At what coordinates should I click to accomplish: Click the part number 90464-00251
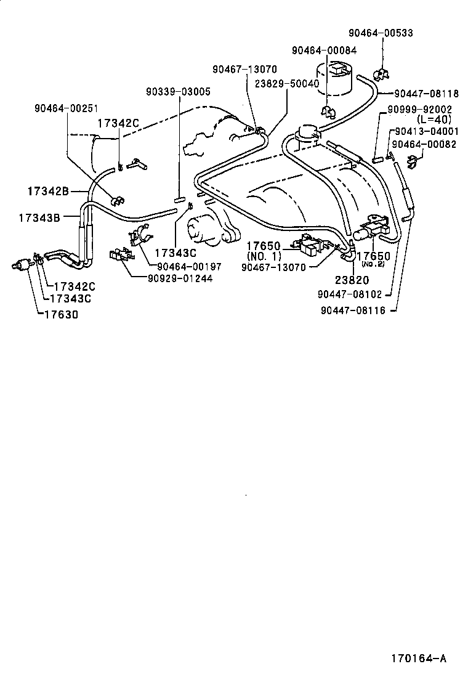[x=67, y=108]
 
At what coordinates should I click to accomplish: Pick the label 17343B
[x=39, y=217]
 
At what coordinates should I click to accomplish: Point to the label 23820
[x=353, y=280]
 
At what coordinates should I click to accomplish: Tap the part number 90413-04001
[x=427, y=131]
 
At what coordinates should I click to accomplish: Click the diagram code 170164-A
[x=418, y=659]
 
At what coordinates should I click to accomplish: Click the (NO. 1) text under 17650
[x=264, y=256]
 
